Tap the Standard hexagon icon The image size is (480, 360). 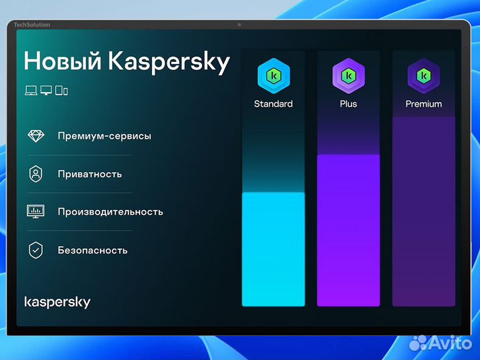pyautogui.click(x=273, y=76)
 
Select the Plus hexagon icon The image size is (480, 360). pyautogui.click(x=348, y=76)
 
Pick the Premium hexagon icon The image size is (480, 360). pyautogui.click(x=423, y=76)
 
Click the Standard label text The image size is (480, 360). pyautogui.click(x=273, y=104)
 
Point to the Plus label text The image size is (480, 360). pyautogui.click(x=348, y=104)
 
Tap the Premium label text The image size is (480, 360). pyautogui.click(x=423, y=104)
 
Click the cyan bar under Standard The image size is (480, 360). pyautogui.click(x=273, y=249)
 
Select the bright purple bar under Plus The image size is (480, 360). pyautogui.click(x=348, y=230)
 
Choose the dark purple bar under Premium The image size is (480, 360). pyautogui.click(x=423, y=211)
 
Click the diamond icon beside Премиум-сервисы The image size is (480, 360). pyautogui.click(x=35, y=136)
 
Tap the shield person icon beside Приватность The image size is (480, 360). pyautogui.click(x=35, y=174)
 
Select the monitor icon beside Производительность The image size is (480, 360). pyautogui.click(x=35, y=211)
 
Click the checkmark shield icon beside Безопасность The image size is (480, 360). pyautogui.click(x=35, y=251)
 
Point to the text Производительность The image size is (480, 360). pyautogui.click(x=110, y=212)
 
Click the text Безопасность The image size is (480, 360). pyautogui.click(x=93, y=251)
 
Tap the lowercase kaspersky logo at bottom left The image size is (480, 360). pyautogui.click(x=57, y=302)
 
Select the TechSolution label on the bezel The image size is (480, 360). pyautogui.click(x=32, y=25)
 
